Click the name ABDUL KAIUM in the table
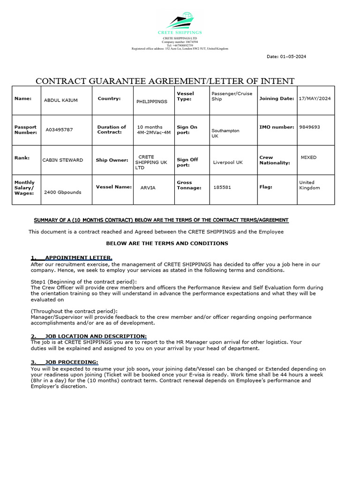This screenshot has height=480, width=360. tap(60, 100)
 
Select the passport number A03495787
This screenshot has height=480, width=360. tap(59, 129)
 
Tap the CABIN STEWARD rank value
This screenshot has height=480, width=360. tap(62, 160)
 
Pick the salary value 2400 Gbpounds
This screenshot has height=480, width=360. tap(62, 192)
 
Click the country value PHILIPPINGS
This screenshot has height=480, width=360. tap(151, 101)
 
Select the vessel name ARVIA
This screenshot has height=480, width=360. tap(148, 187)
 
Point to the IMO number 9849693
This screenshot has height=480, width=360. tap(309, 127)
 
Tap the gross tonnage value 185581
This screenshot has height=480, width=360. tap(222, 187)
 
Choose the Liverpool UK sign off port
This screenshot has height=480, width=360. tap(228, 162)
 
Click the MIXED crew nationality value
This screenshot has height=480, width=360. tap(308, 157)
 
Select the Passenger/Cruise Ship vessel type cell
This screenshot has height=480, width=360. tap(232, 96)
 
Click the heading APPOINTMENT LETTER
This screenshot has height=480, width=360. tap(78, 258)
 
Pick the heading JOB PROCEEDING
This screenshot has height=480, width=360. tap(71, 362)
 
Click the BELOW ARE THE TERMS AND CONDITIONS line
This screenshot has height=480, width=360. tap(167, 243)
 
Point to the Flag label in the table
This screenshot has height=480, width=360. tap(266, 187)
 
